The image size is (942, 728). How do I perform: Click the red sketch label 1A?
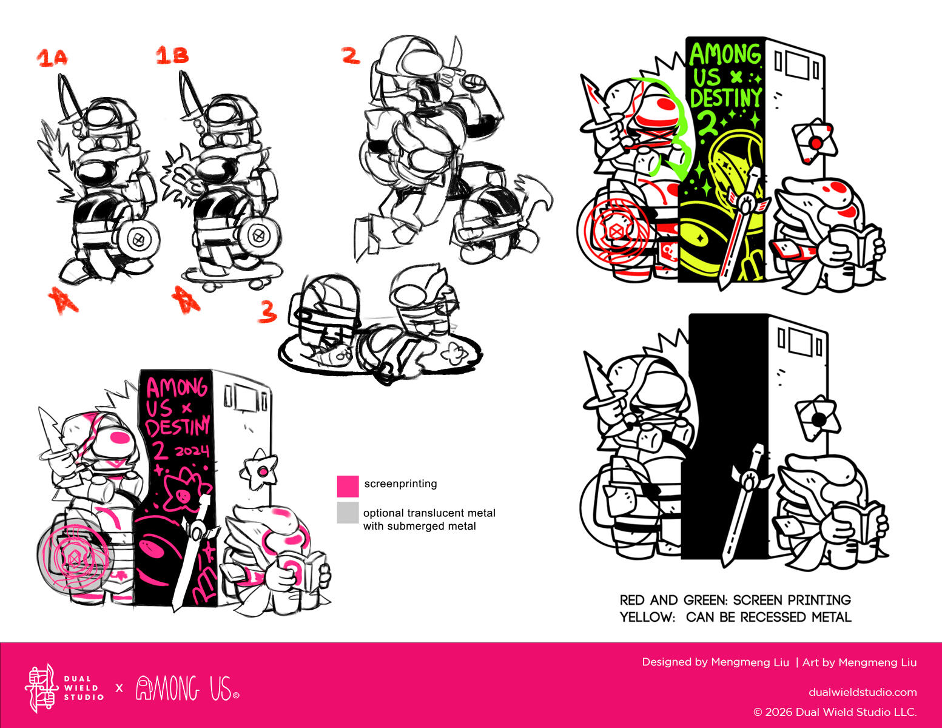(52, 58)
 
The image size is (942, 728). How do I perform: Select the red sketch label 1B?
(172, 55)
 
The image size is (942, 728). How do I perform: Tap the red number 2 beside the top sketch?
(350, 55)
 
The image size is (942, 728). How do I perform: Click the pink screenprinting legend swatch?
(348, 486)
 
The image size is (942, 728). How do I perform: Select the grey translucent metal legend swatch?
(348, 513)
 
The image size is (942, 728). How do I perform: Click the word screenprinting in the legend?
(400, 484)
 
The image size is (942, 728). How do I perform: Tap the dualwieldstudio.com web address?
(862, 692)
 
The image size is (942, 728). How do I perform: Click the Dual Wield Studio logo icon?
(41, 689)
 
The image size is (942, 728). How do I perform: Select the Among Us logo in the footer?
(187, 688)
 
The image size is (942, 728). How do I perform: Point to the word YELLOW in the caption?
(647, 617)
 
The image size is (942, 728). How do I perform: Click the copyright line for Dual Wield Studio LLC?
(835, 712)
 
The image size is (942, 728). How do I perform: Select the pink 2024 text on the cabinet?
(192, 450)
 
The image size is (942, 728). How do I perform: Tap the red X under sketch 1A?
(63, 300)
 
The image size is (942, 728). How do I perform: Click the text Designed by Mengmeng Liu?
(715, 662)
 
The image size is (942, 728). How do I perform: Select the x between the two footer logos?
(119, 688)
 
